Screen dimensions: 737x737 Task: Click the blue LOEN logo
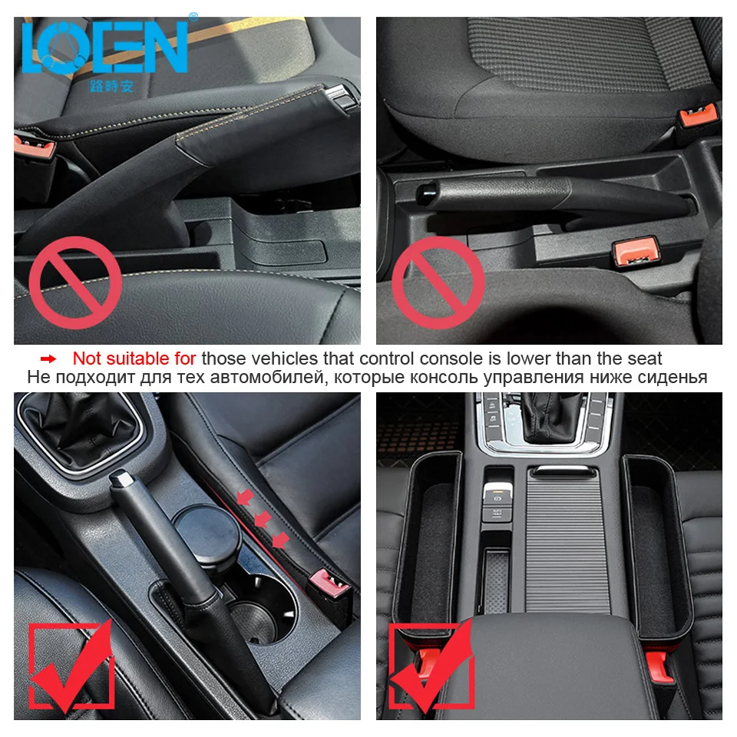pyautogui.click(x=104, y=48)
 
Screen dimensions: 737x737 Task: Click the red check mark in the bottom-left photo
pyautogui.click(x=72, y=666)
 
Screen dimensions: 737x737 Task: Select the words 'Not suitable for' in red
pyautogui.click(x=134, y=358)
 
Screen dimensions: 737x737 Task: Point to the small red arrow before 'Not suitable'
pyautogui.click(x=48, y=359)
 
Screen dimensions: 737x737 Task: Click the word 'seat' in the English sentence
pyautogui.click(x=643, y=358)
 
